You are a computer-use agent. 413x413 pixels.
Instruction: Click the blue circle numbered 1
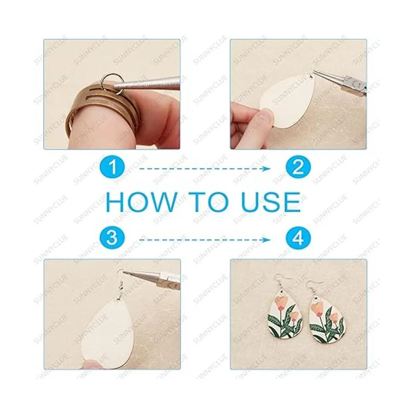tap(112, 168)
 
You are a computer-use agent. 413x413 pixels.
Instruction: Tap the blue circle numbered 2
tap(298, 168)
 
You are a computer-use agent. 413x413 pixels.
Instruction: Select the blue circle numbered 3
tap(112, 240)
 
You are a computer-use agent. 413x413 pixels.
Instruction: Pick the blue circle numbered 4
tap(298, 240)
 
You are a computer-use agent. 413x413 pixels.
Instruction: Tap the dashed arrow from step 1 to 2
tap(205, 169)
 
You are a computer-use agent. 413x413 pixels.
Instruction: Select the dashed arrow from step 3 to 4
tap(205, 240)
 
